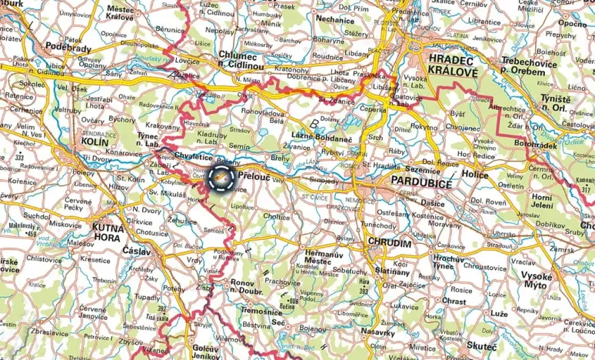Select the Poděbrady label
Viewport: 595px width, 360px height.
[69, 48]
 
